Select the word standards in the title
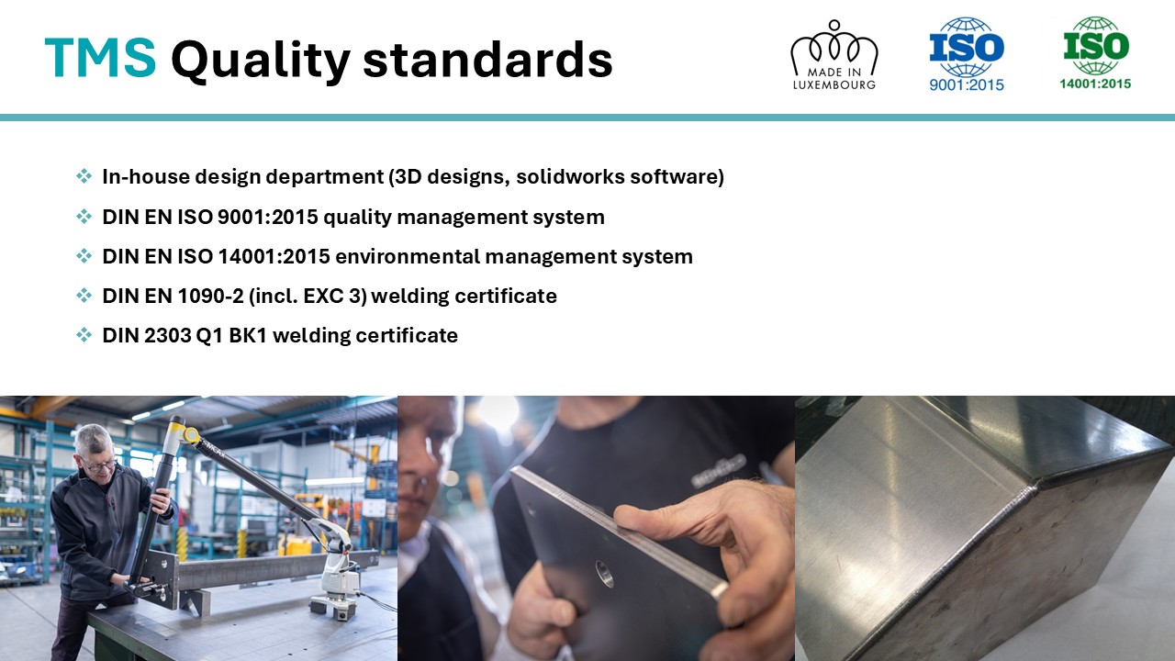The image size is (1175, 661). click(487, 60)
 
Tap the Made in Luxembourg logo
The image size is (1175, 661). click(834, 55)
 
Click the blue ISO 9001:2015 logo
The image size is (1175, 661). click(967, 54)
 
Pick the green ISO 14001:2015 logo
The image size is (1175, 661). click(1096, 53)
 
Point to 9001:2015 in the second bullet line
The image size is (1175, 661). click(268, 217)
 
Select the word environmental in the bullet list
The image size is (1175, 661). click(407, 256)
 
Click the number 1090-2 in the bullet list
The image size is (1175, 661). click(211, 296)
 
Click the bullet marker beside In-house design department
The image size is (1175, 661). click(84, 175)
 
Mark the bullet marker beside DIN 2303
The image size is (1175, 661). click(84, 335)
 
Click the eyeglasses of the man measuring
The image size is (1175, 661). click(101, 465)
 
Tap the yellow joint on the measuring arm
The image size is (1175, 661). click(190, 435)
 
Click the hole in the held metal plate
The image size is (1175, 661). click(604, 574)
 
